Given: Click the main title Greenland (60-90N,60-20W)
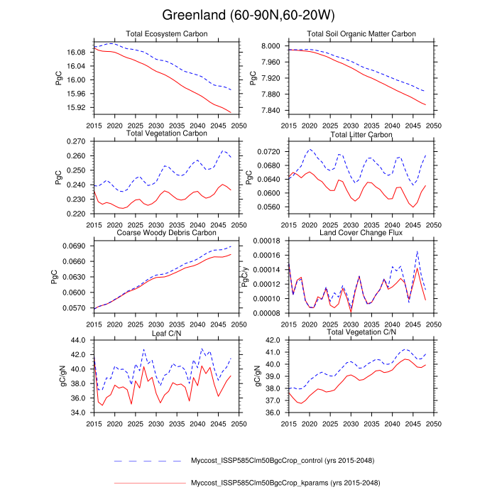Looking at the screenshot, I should [x=248, y=16].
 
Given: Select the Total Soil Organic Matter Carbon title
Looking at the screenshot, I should [x=361, y=33].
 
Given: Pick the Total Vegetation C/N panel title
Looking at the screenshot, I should [x=361, y=332].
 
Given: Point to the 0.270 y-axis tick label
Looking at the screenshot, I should [x=78, y=142].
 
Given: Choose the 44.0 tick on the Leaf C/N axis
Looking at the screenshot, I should [x=80, y=341].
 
